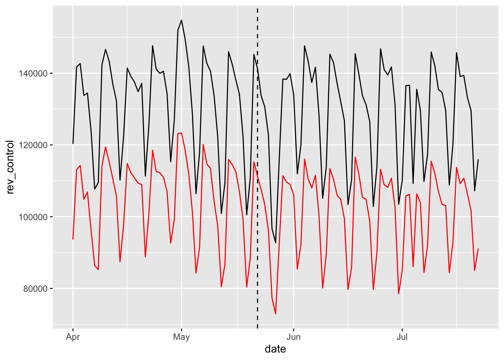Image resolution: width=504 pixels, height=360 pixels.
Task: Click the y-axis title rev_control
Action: click(10, 167)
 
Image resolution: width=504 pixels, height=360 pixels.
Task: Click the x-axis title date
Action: click(275, 349)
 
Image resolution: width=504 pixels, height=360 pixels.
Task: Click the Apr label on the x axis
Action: click(73, 337)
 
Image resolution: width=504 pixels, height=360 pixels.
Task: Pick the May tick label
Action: click(181, 337)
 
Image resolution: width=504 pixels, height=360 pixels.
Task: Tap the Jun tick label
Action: click(294, 337)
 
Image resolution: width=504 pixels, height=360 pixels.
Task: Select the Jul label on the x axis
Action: click(402, 337)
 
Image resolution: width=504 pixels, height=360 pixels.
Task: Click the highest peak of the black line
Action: click(181, 20)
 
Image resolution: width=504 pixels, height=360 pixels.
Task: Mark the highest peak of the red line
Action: click(181, 133)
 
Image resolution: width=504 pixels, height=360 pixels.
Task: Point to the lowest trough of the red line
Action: click(276, 314)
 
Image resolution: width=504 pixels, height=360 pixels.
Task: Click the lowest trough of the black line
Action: click(276, 243)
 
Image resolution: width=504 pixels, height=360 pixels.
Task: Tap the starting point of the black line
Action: click(73, 144)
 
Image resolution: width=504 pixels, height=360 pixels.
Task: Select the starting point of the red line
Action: click(73, 239)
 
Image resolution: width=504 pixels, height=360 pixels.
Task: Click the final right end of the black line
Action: click(478, 159)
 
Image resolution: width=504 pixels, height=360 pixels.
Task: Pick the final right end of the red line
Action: click(478, 249)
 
